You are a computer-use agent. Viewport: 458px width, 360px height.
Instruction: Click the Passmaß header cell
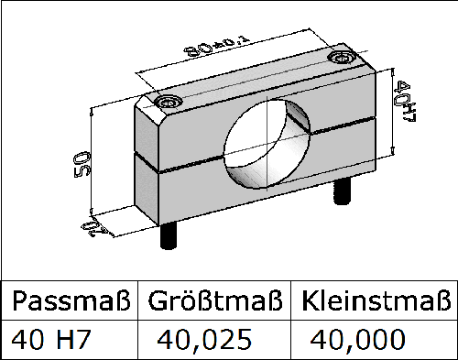[70, 300]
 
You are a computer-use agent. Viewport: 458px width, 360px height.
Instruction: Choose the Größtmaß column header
[213, 300]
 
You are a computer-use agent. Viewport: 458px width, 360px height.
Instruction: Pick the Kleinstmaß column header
[376, 300]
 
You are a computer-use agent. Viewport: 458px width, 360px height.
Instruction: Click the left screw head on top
[168, 102]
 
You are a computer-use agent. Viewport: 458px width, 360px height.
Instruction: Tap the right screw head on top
[343, 59]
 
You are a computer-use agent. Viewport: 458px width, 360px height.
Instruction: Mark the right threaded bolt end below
[342, 192]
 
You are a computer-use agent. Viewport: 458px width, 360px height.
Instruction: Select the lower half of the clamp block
[183, 197]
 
